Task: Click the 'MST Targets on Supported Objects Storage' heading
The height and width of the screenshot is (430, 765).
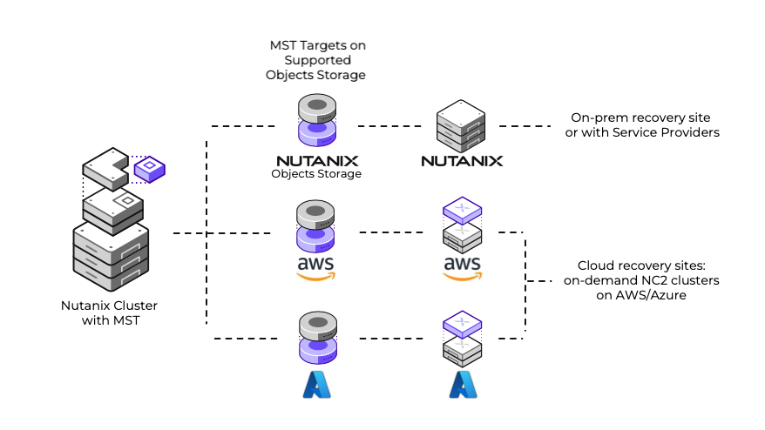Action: [315, 60]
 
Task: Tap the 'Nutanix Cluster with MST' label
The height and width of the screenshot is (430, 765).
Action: [109, 313]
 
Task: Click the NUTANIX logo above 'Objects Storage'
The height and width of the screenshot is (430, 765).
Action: [315, 160]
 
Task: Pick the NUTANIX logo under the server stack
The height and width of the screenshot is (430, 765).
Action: [461, 160]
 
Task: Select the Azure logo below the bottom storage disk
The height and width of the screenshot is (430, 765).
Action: [316, 384]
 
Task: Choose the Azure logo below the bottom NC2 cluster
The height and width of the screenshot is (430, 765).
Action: [462, 384]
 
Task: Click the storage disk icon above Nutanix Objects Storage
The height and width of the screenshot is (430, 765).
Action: [316, 120]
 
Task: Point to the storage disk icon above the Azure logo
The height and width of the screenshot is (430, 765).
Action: [316, 338]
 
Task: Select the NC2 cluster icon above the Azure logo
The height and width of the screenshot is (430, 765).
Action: [462, 339]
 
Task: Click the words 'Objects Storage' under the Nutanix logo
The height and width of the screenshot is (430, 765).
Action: [315, 174]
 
